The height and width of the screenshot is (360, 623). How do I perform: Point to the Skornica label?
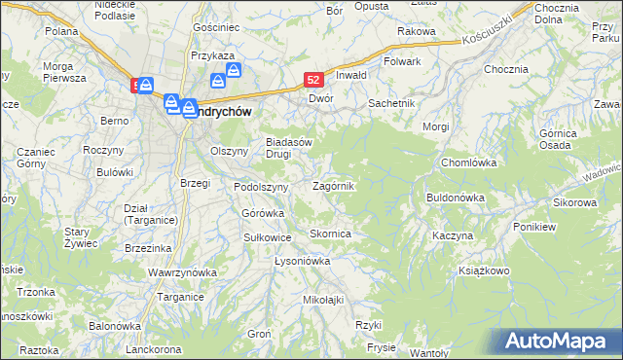tap(330, 234)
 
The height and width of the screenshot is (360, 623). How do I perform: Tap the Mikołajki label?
tap(324, 299)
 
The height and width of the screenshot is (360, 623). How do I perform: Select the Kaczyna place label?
tap(453, 236)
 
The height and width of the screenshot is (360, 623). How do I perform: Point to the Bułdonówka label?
tap(456, 198)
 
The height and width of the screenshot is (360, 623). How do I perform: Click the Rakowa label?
tap(416, 31)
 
